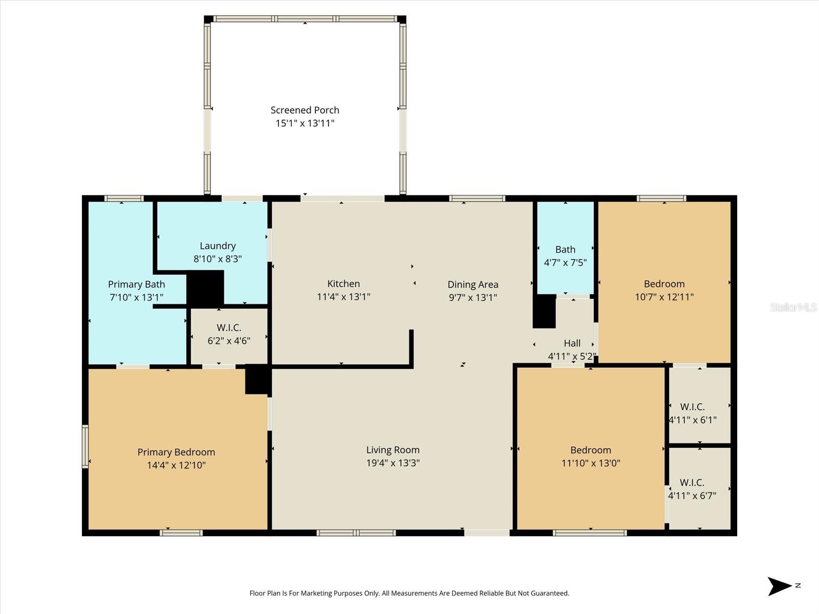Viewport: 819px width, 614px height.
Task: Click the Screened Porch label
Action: point(305,110)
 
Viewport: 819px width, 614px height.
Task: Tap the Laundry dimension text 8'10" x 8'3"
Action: point(218,259)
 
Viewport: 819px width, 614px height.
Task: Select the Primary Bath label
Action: point(136,284)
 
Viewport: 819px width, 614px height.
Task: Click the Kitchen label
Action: point(343,283)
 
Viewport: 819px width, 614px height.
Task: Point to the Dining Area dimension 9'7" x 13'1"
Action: point(472,297)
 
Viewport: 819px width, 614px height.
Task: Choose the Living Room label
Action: point(393,450)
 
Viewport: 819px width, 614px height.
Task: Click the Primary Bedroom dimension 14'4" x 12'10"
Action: point(176,465)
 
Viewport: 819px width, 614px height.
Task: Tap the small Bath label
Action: point(565,249)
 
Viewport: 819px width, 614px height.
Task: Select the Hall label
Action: point(572,343)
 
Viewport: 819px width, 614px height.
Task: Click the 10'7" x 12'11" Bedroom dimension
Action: point(664,297)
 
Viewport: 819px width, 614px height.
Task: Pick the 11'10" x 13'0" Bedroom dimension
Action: point(590,463)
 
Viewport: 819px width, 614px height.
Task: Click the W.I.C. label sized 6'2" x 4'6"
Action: point(229,327)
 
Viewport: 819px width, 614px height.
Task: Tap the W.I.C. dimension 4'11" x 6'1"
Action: point(693,420)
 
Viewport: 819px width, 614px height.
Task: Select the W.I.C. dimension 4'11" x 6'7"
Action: point(692,495)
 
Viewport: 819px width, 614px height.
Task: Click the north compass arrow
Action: point(779,586)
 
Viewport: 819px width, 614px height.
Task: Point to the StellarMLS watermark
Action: point(793,307)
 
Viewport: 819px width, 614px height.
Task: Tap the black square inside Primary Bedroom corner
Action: point(257,379)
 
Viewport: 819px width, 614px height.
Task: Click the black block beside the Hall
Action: point(544,311)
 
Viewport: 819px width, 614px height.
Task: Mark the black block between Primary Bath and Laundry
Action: point(205,289)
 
